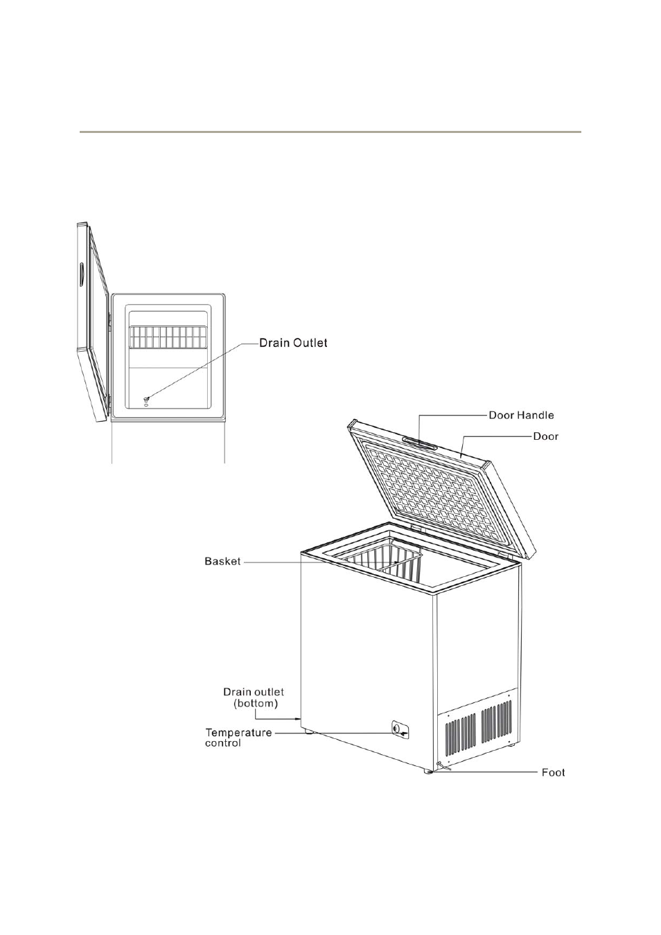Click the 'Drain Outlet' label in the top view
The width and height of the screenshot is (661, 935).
292,343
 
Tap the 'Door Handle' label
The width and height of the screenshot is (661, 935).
521,416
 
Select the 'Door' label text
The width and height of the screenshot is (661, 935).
545,436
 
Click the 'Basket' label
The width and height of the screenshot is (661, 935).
222,561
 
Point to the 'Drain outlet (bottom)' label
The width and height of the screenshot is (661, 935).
254,697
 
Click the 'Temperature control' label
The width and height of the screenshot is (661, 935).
238,738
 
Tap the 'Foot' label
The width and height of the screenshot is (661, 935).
553,772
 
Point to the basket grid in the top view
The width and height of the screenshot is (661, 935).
168,337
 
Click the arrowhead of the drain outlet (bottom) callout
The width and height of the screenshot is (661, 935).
298,720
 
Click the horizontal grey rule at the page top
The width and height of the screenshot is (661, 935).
330,131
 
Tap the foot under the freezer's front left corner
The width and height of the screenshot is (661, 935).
306,731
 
